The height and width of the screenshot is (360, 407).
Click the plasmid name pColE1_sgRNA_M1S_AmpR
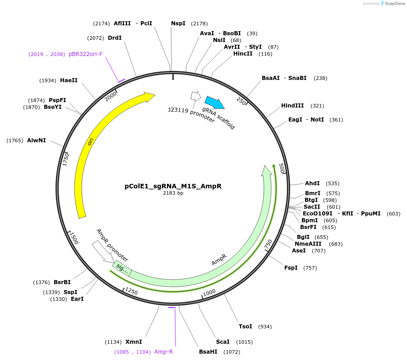173,186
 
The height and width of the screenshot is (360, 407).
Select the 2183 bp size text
173,193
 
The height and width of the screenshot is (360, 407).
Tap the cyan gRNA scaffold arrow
214,103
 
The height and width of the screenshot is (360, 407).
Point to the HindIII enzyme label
292,106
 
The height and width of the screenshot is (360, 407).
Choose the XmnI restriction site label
134,342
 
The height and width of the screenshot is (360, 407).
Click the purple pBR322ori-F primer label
85,54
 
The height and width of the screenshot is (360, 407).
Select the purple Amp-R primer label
163,352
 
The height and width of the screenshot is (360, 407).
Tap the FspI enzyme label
291,268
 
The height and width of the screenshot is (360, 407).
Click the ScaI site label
222,342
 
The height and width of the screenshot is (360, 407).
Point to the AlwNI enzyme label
36,140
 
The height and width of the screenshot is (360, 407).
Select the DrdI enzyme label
115,38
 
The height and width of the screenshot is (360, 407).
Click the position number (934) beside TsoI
265,327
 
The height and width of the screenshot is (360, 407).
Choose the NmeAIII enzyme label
308,244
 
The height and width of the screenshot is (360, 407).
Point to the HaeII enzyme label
69,80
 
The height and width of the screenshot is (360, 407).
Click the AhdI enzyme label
312,183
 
